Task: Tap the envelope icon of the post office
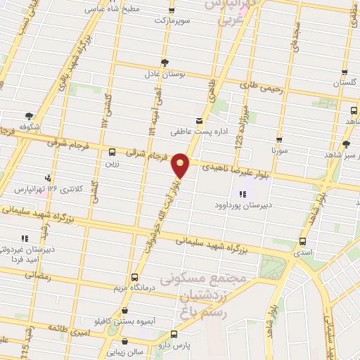point(198,121)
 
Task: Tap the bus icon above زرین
point(112,151)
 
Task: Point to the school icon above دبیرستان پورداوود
point(243,195)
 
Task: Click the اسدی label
point(303,251)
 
